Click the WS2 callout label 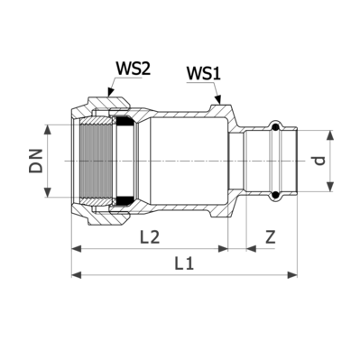click(133, 69)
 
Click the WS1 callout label click(203, 74)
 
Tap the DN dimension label click(36, 161)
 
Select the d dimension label click(320, 161)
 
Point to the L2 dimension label click(150, 237)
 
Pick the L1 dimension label click(184, 263)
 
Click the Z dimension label click(271, 237)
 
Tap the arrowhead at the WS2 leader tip click(110, 92)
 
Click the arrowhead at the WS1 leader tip click(218, 99)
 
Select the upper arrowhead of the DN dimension click(48, 130)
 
